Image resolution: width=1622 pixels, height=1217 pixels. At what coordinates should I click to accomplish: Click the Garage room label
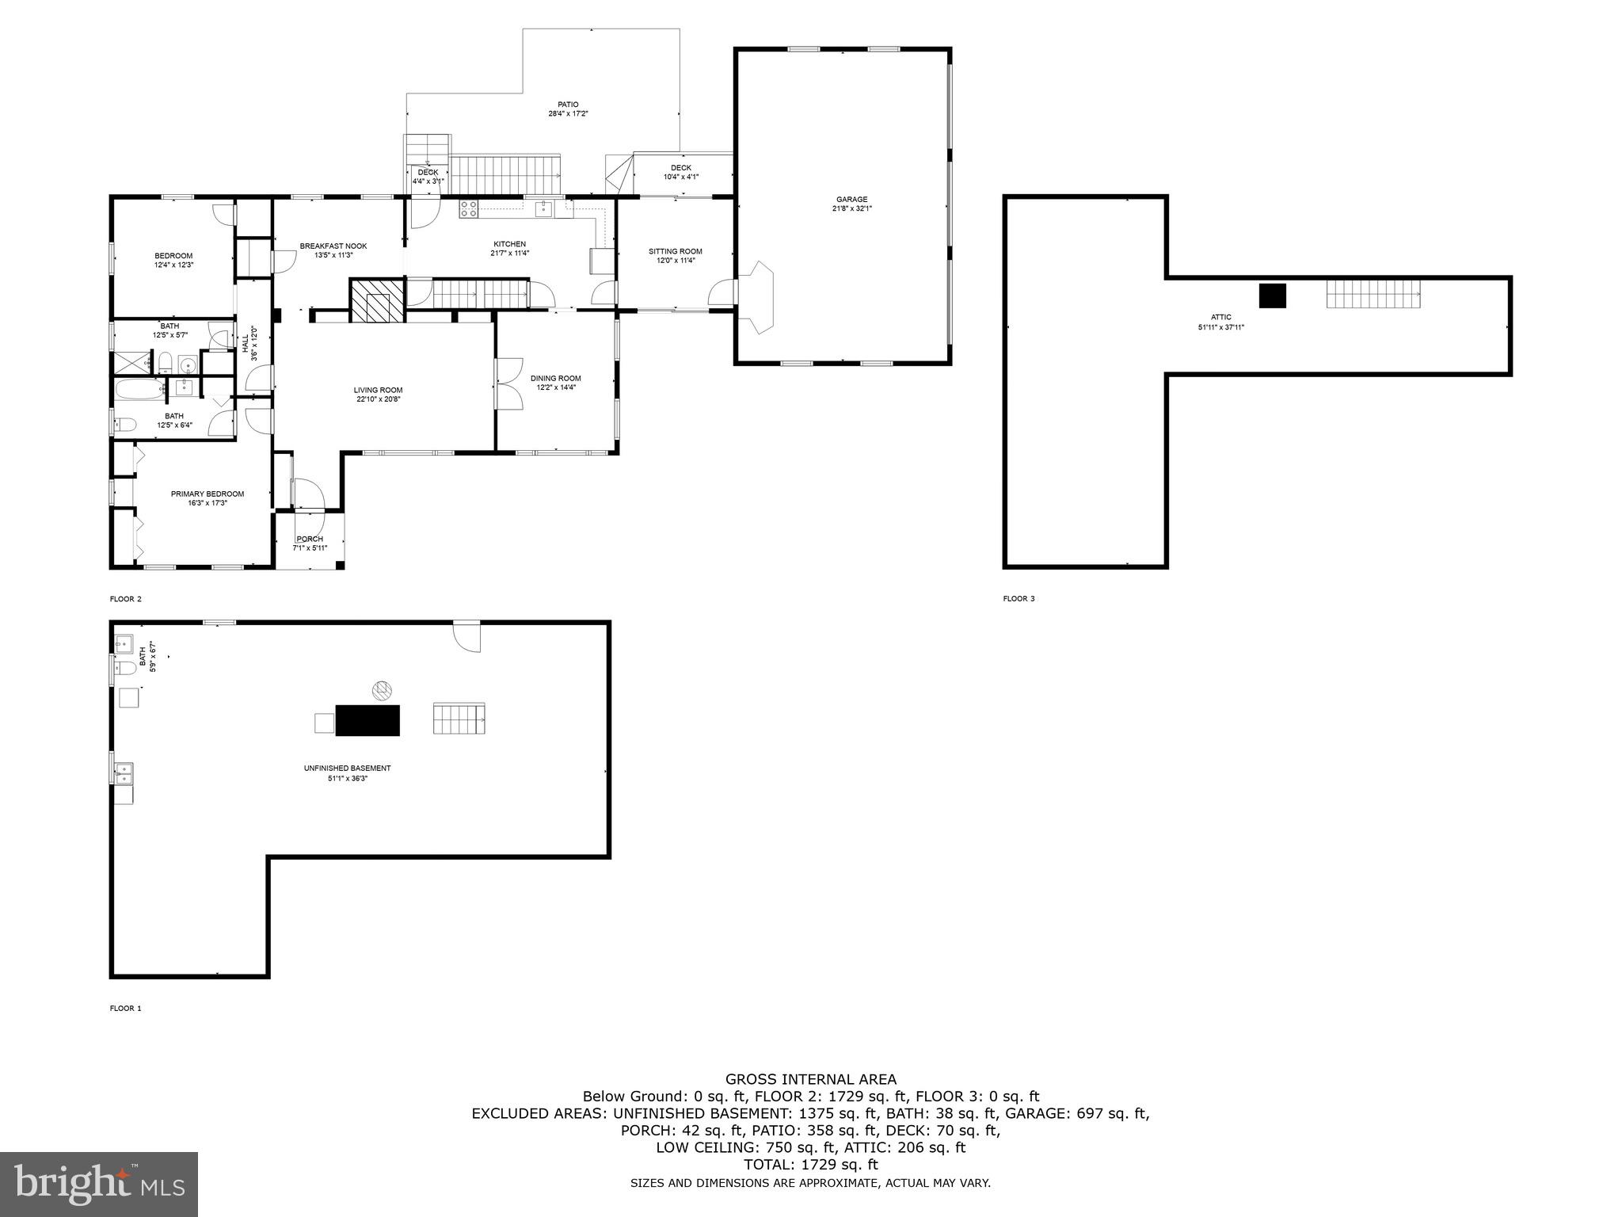coord(851,200)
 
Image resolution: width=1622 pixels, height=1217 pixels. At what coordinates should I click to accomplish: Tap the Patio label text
coord(568,105)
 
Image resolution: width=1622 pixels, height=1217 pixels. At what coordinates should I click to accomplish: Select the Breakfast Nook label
coord(333,246)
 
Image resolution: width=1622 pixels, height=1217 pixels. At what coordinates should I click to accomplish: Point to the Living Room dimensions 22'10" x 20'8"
coord(378,399)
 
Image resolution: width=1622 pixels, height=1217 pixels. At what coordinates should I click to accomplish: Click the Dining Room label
coord(555,379)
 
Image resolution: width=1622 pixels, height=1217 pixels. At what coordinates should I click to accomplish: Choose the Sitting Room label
coord(675,252)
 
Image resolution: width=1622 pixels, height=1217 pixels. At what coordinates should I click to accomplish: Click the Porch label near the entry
coord(309,539)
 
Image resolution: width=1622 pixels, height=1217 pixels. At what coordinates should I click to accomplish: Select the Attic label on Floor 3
coord(1220,317)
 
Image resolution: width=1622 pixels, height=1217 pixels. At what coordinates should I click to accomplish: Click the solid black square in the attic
coord(1272,296)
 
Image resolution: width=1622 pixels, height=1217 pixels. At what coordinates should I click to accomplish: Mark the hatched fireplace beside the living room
coord(377,300)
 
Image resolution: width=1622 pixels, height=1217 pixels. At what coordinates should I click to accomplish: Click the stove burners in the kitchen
coord(469,209)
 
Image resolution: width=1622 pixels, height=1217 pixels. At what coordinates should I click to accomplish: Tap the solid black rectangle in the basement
coord(367,720)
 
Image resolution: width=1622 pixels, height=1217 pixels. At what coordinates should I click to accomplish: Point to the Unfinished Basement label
coord(347,768)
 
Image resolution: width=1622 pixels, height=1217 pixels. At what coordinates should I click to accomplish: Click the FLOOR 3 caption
coord(1019,599)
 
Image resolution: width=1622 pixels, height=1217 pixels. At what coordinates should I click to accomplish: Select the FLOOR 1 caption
coord(125,1009)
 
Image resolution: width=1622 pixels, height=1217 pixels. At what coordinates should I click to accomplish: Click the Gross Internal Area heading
coord(810,1079)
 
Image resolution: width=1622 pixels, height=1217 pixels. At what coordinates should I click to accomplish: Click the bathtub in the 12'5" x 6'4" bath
coord(139,388)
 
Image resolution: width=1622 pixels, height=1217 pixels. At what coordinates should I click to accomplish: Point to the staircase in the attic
coord(1373,294)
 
